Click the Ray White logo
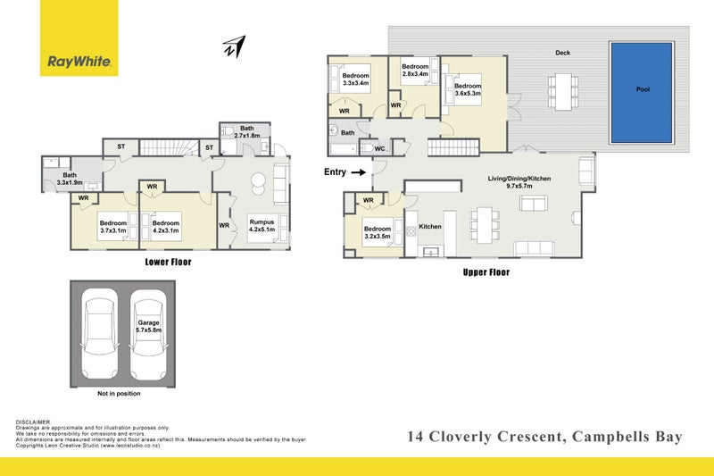(80, 63)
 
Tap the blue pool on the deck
(643, 90)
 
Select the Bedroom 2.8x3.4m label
(415, 71)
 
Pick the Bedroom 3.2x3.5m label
(376, 233)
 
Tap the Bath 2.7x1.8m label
(245, 131)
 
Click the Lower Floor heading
(169, 263)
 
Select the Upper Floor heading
(486, 271)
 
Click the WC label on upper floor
(379, 148)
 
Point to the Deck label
(562, 53)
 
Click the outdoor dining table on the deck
(561, 90)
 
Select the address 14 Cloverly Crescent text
(482, 437)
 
